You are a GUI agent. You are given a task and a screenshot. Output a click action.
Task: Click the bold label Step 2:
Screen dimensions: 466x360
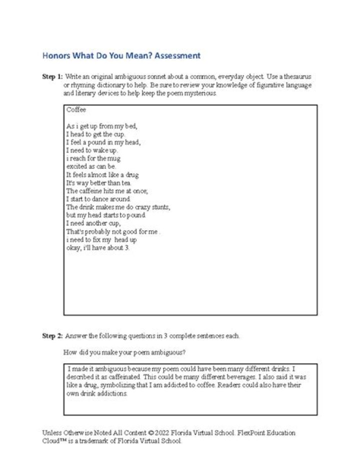point(52,336)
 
